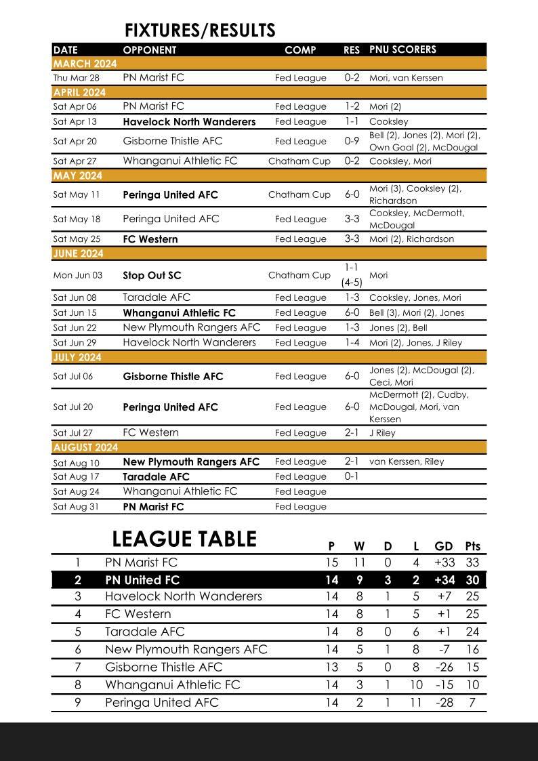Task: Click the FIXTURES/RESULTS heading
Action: tap(200, 30)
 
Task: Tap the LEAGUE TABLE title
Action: tap(184, 539)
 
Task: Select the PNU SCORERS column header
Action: tap(402, 49)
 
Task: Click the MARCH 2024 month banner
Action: tap(85, 64)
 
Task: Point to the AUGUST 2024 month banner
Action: tap(85, 447)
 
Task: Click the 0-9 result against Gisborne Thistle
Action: tap(352, 141)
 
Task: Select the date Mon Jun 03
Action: tap(77, 276)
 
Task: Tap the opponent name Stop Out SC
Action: tap(152, 276)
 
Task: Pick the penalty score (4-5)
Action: tap(352, 283)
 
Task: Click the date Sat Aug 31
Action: tap(76, 506)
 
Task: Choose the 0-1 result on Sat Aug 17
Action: tap(352, 476)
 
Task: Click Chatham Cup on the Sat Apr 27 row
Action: tap(299, 161)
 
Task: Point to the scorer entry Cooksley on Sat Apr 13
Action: tap(388, 122)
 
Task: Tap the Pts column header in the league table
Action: tap(472, 546)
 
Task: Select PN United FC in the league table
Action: tap(142, 580)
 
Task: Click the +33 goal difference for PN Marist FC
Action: tap(444, 562)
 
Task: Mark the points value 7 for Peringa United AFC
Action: tap(472, 703)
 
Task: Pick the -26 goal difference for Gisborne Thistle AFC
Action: tap(444, 667)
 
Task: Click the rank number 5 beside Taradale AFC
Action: tap(78, 632)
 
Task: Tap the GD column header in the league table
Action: tap(444, 546)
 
